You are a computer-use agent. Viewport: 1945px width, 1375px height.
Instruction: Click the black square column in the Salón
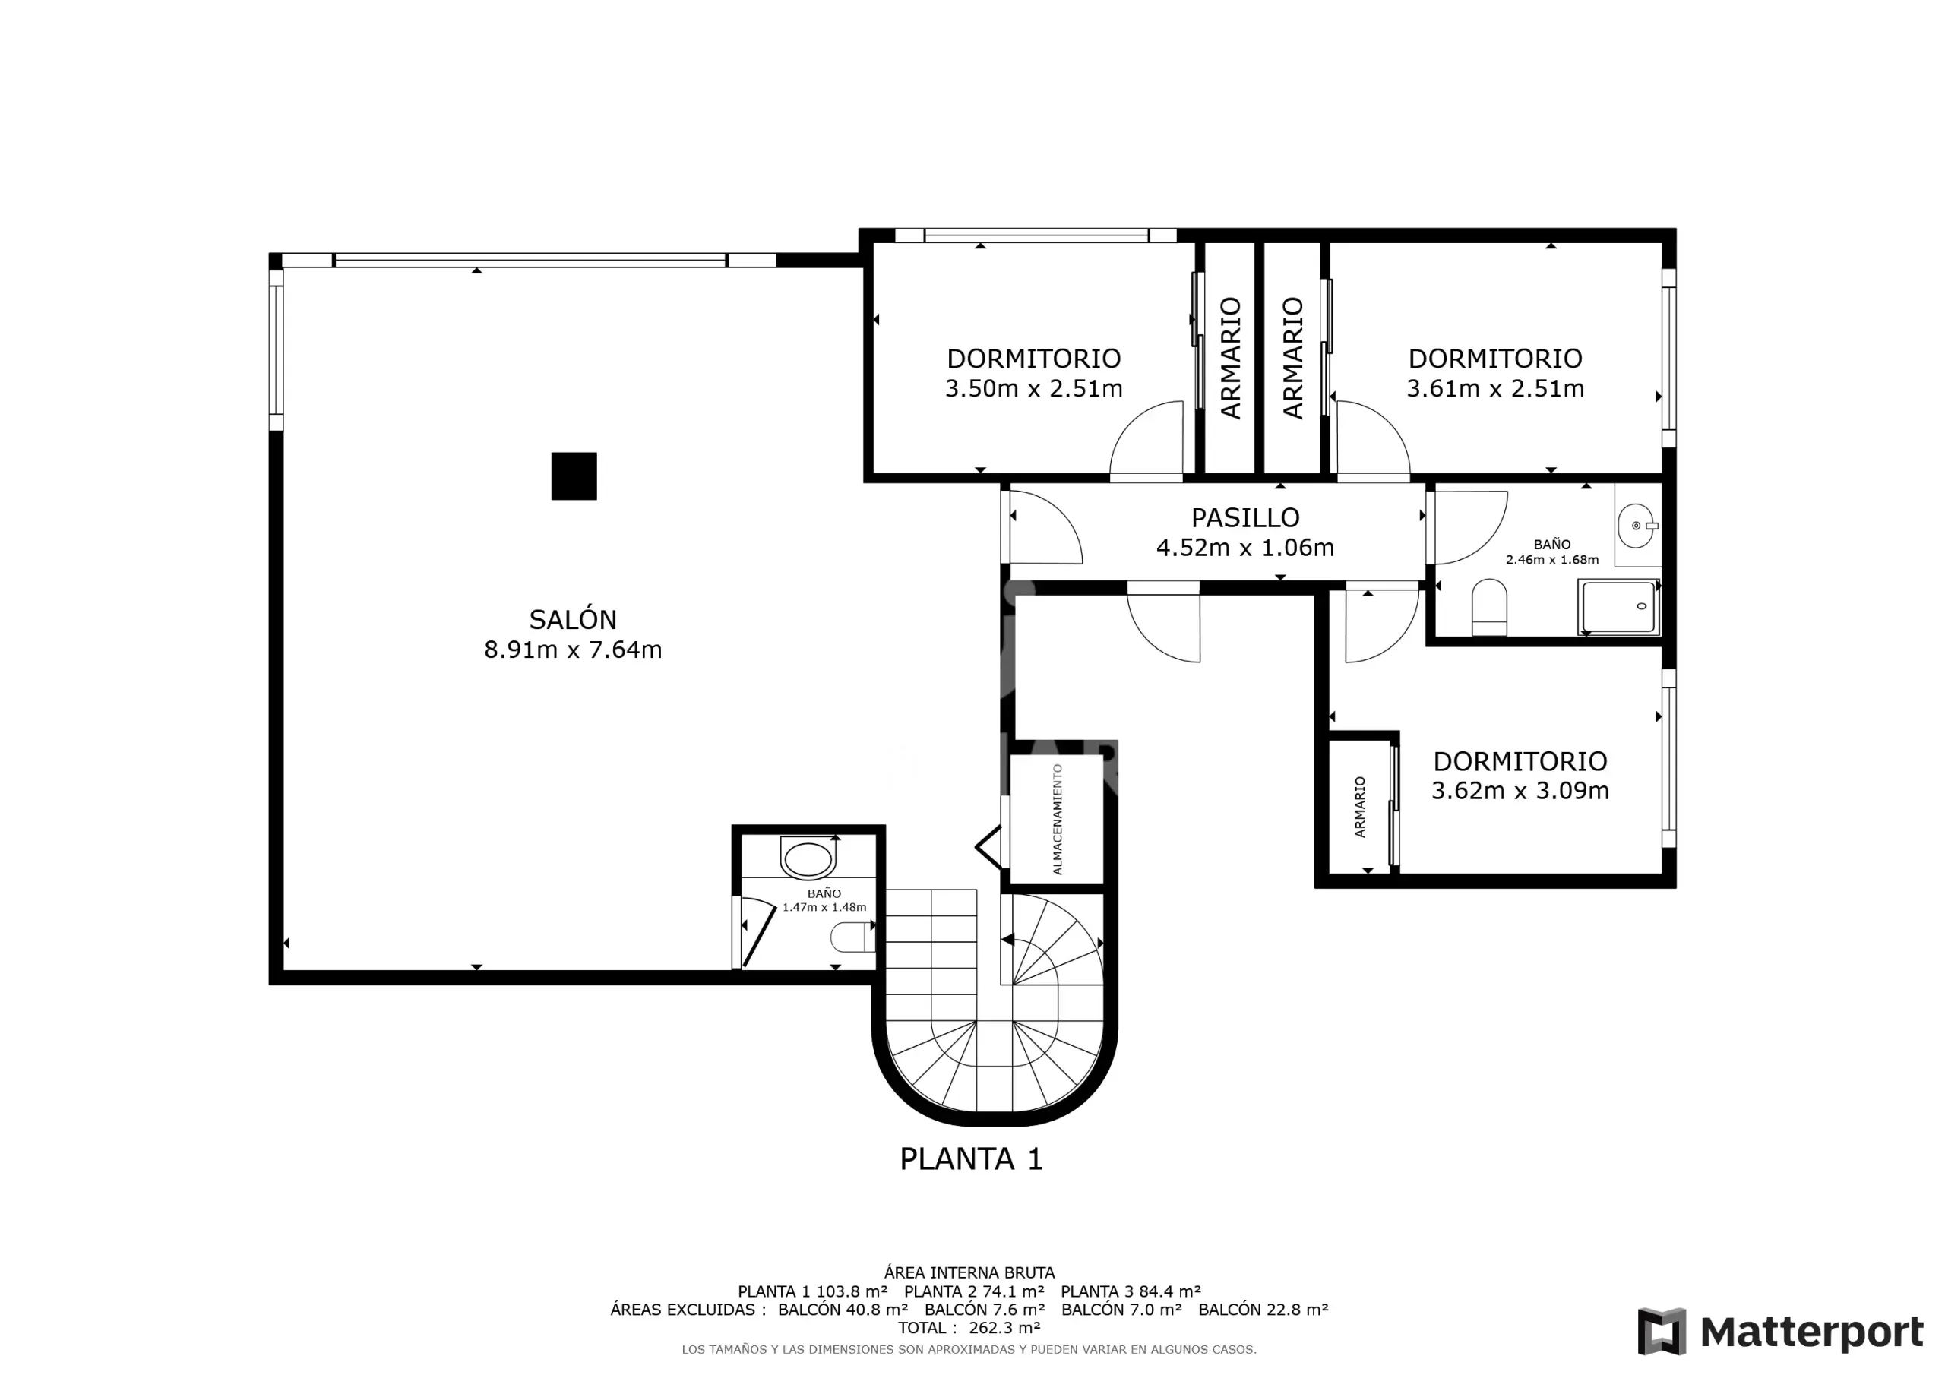574,476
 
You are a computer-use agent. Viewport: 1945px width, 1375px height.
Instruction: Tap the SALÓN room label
573,619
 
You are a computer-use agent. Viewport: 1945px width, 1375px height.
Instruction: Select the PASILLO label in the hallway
1245,517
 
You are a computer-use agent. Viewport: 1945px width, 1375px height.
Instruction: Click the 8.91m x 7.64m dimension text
573,650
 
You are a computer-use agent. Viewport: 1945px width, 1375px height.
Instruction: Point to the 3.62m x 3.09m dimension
1520,790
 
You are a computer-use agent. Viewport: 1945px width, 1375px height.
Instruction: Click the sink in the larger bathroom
1637,525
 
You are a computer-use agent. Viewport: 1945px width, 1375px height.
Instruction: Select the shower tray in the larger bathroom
1618,606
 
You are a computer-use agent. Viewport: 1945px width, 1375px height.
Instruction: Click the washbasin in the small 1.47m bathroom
808,858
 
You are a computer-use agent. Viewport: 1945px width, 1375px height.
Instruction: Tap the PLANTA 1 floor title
971,1159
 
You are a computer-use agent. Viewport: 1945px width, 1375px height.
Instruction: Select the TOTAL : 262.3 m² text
969,1328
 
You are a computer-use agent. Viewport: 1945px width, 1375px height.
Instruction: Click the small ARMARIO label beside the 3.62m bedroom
1360,807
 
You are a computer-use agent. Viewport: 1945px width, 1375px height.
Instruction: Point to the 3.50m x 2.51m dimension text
1033,388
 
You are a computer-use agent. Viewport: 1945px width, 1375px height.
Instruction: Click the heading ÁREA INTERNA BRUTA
969,1272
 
